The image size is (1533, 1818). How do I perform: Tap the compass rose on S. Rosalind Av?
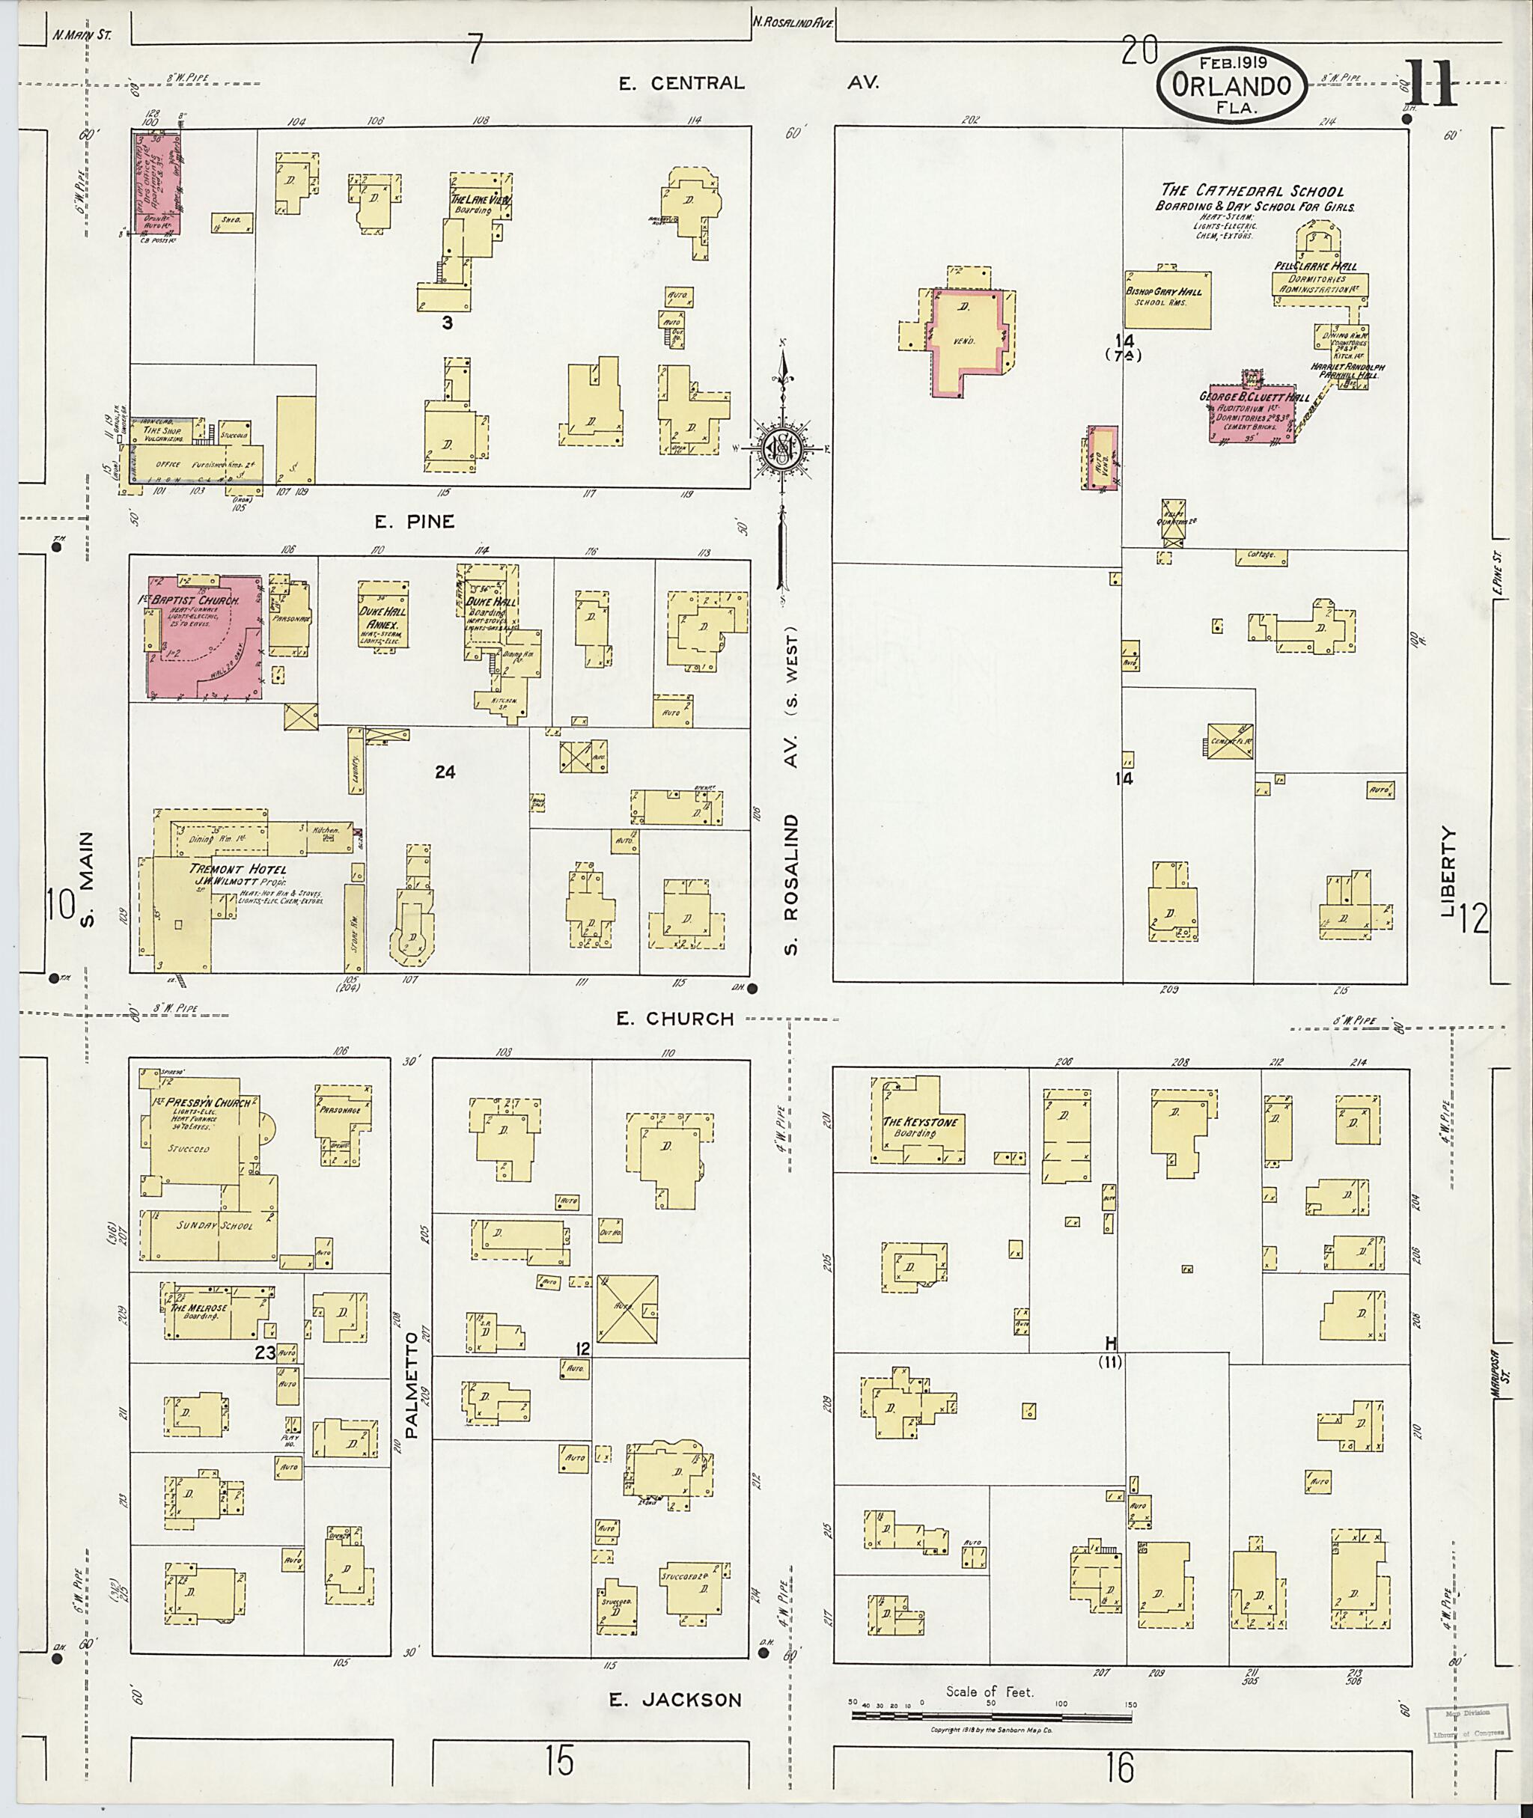(781, 447)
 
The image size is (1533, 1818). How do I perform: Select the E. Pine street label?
(415, 522)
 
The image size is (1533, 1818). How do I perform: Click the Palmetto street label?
(412, 1391)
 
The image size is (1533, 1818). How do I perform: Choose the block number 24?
(445, 772)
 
